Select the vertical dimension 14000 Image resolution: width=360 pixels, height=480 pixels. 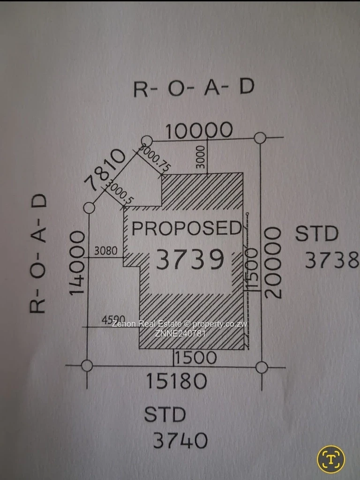78,262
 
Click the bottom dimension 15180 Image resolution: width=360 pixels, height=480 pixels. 176,381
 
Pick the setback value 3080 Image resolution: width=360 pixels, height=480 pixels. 105,251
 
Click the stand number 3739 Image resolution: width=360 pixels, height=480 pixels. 189,260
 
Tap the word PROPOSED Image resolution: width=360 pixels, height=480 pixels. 187,228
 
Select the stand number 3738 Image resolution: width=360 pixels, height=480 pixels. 332,260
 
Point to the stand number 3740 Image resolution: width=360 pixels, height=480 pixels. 180,440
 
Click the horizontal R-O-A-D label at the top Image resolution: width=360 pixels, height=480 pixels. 194,88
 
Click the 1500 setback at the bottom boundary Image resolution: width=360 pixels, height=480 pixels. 195,358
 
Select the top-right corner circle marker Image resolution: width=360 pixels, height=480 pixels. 260,138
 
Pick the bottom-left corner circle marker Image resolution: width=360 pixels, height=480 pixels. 87,365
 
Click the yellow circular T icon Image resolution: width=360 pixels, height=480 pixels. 331,459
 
